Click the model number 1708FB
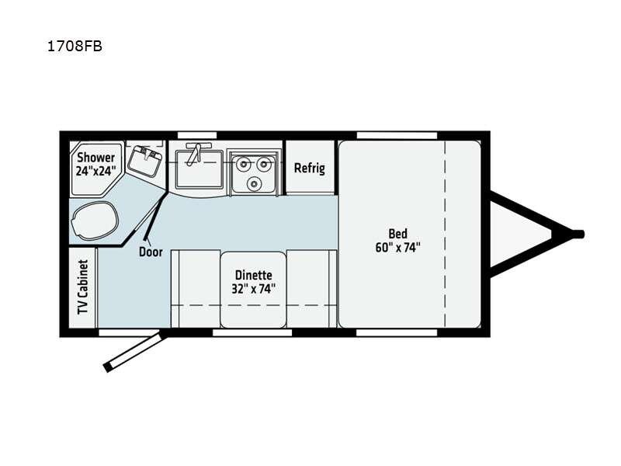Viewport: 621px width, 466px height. pyautogui.click(x=75, y=47)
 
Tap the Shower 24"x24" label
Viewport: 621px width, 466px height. pyautogui.click(x=95, y=164)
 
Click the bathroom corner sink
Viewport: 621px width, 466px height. pyautogui.click(x=145, y=161)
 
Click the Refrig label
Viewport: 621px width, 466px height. pyautogui.click(x=310, y=168)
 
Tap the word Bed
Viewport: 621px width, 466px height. pyautogui.click(x=397, y=234)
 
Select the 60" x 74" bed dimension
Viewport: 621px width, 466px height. pyautogui.click(x=397, y=248)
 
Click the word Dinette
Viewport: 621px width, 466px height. pyautogui.click(x=254, y=275)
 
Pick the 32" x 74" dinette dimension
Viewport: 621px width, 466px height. pyautogui.click(x=254, y=289)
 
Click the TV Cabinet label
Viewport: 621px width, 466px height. pyautogui.click(x=82, y=287)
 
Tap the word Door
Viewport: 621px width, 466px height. pyautogui.click(x=151, y=252)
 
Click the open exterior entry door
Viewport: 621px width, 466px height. pyautogui.click(x=134, y=353)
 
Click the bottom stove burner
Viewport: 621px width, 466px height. pyautogui.click(x=253, y=183)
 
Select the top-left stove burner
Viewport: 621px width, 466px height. pyautogui.click(x=242, y=163)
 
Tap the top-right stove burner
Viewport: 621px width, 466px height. pyautogui.click(x=263, y=163)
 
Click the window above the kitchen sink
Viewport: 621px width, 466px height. pyautogui.click(x=197, y=135)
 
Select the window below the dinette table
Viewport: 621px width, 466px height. pyautogui.click(x=252, y=333)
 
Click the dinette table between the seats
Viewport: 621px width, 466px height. pyautogui.click(x=254, y=289)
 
